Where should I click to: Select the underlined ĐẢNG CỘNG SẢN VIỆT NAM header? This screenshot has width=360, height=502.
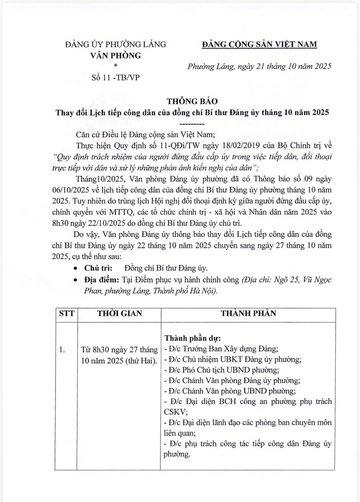point(259,45)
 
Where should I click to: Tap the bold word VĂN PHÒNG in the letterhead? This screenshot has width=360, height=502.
point(116,56)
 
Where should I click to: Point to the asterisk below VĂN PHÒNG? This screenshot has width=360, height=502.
point(115,66)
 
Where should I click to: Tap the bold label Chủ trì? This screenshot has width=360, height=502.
point(99,268)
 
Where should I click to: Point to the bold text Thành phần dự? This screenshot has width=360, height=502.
point(193,338)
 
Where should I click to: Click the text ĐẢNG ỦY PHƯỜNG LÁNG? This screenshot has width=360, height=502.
point(115,45)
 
